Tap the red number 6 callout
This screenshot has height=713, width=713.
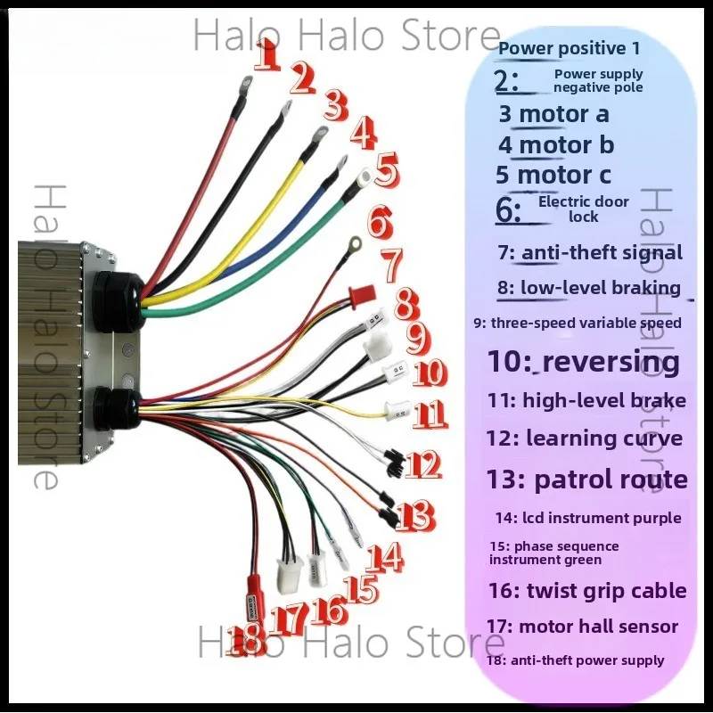click(x=380, y=222)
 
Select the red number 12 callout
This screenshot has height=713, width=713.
click(x=422, y=464)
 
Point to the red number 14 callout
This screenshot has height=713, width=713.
click(x=385, y=558)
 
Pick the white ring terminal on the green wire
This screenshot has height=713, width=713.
click(x=365, y=177)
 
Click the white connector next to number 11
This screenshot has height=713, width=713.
click(x=397, y=411)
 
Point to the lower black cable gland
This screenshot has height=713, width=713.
click(x=117, y=409)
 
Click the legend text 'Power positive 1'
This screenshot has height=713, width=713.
click(x=569, y=48)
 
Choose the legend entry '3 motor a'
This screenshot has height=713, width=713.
click(x=553, y=114)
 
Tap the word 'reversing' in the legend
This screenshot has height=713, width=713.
click(x=611, y=362)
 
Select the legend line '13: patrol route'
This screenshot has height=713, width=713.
click(x=587, y=479)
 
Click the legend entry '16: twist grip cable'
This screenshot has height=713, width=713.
click(x=587, y=591)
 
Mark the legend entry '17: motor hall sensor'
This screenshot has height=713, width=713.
click(x=583, y=627)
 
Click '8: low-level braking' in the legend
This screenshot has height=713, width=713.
click(x=589, y=288)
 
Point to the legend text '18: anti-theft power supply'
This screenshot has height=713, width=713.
click(x=575, y=660)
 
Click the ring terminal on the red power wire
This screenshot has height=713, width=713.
click(x=246, y=82)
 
